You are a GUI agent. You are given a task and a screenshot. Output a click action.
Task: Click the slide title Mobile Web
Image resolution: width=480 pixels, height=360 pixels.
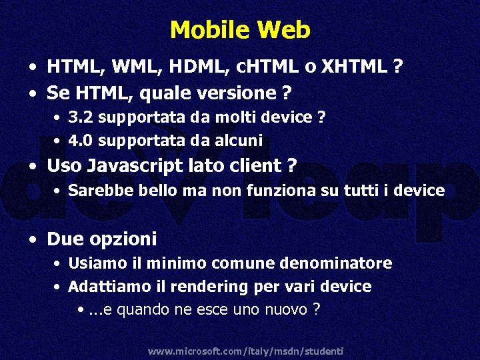click(x=240, y=30)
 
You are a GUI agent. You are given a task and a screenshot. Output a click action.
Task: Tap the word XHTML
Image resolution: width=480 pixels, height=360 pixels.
click(x=356, y=67)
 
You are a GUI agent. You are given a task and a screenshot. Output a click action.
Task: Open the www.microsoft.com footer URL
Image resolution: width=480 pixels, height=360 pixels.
click(x=245, y=351)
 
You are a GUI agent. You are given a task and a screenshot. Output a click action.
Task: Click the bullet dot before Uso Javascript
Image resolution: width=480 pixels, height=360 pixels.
click(x=33, y=167)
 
